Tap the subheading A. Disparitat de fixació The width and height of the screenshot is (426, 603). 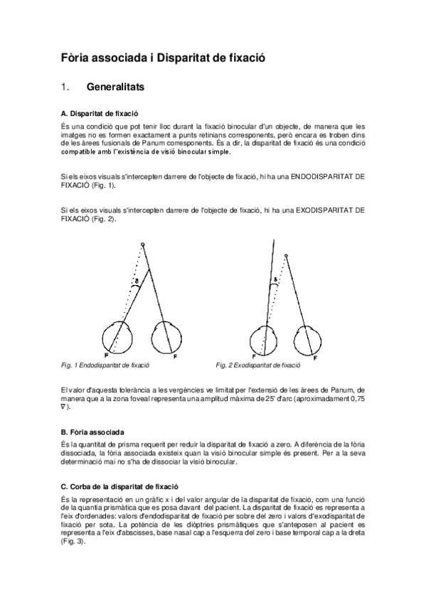100,113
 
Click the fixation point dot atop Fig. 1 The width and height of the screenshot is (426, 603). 143,245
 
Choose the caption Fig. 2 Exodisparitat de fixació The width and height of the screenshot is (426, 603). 258,365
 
